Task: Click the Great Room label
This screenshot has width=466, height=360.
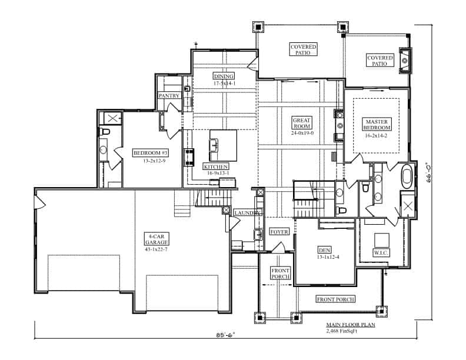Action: [x=302, y=123]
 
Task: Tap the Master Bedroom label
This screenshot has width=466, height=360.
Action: [x=377, y=125]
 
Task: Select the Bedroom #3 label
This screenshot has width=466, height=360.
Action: [x=151, y=153]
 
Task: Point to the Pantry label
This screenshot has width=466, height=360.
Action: [x=169, y=96]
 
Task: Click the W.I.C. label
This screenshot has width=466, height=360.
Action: [x=381, y=253]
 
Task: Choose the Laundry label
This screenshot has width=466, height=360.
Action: [x=248, y=213]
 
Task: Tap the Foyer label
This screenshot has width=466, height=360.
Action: [x=279, y=232]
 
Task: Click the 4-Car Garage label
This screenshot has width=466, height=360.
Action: [x=157, y=239]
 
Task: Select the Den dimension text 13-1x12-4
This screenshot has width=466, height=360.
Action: [x=328, y=257]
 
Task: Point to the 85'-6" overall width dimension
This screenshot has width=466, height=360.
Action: [x=225, y=335]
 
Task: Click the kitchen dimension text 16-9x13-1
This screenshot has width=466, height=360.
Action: [x=218, y=173]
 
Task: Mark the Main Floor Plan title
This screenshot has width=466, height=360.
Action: [x=351, y=325]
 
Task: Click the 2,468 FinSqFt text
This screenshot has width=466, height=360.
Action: [x=342, y=331]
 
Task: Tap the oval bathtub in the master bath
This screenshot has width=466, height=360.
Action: [x=407, y=176]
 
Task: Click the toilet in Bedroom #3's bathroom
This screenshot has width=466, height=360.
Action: [x=104, y=131]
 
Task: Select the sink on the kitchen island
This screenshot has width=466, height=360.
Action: [x=214, y=145]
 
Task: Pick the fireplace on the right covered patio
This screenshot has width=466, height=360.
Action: [x=405, y=61]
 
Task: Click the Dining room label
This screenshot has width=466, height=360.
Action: [x=224, y=76]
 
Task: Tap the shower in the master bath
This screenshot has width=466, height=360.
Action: [x=407, y=205]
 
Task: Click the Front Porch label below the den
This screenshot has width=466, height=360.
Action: [x=335, y=299]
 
